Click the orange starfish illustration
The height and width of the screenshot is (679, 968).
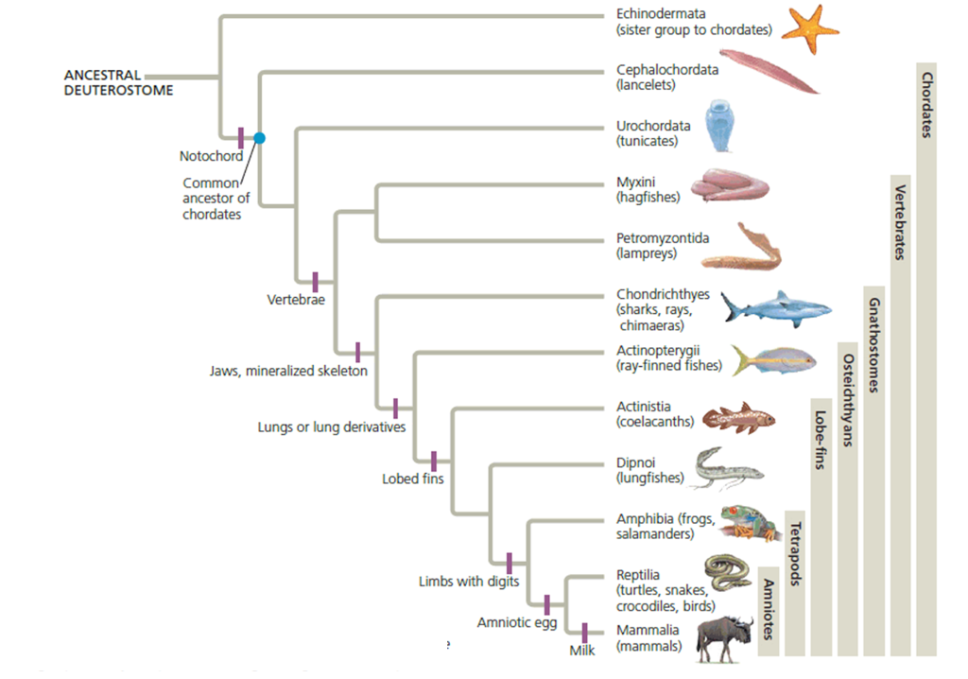(809, 29)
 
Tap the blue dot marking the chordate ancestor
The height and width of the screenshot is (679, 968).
(259, 138)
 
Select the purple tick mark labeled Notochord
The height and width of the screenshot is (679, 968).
(241, 138)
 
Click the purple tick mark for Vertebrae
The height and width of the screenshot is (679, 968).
(316, 281)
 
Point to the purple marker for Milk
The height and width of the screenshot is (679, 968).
(585, 633)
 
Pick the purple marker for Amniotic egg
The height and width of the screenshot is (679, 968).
(546, 604)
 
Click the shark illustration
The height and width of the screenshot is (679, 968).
(775, 308)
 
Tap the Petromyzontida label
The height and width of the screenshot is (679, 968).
(663, 238)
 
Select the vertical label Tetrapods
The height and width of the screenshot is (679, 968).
(795, 554)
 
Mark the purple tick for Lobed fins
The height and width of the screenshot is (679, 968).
(434, 461)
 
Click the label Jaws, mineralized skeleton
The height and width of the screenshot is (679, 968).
(288, 371)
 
